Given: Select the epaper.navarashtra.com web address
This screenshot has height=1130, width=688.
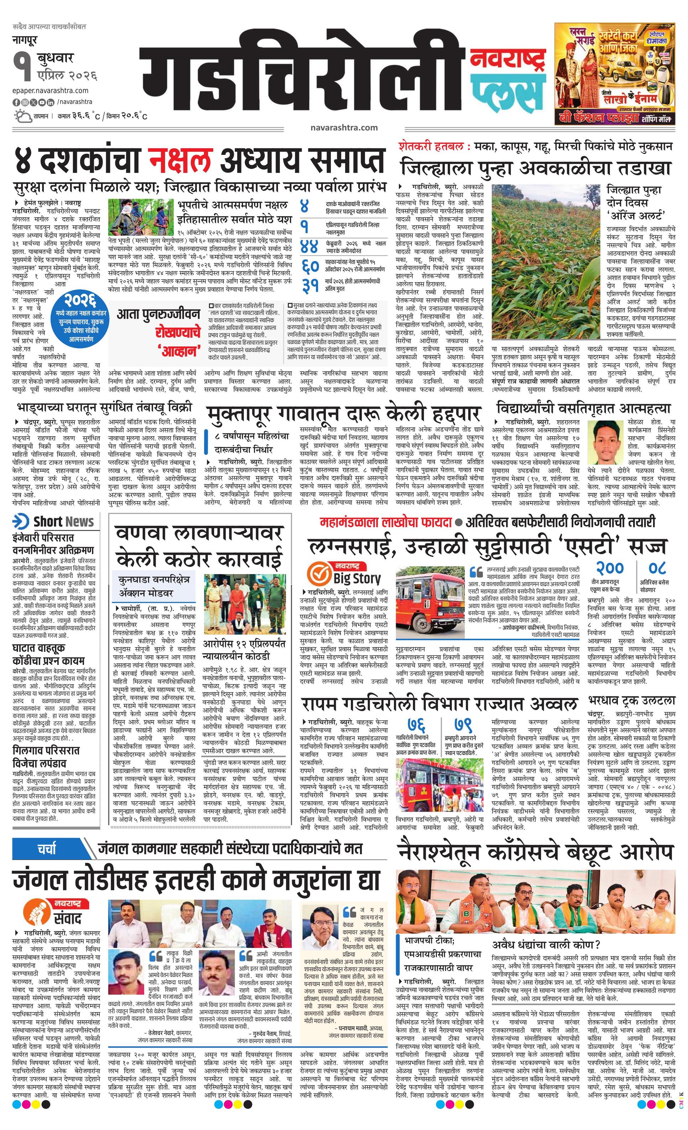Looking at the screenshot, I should (51, 91).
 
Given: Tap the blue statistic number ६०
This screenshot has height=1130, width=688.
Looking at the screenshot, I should (310, 266).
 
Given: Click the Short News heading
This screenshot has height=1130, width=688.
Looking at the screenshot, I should (54, 521).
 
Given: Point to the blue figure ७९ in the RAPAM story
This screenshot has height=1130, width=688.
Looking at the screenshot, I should (463, 725).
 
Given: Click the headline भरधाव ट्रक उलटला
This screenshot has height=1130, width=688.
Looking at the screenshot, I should (631, 701).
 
